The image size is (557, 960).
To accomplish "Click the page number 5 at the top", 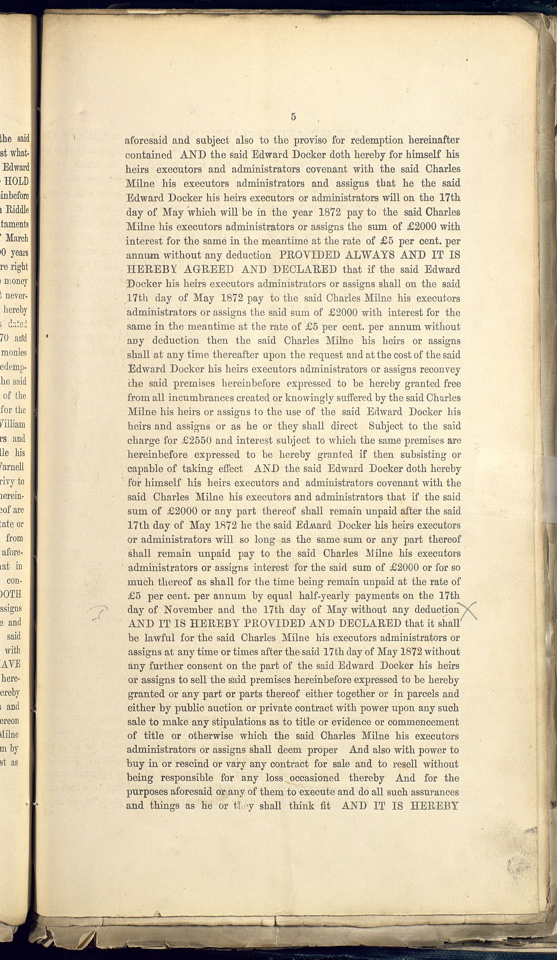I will [x=293, y=116].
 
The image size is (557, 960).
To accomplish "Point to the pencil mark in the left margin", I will [x=98, y=614].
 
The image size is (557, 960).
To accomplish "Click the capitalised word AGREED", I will [x=208, y=269].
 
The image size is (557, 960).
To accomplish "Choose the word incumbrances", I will [x=201, y=398].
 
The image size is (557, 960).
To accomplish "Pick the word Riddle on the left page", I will [x=17, y=210].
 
